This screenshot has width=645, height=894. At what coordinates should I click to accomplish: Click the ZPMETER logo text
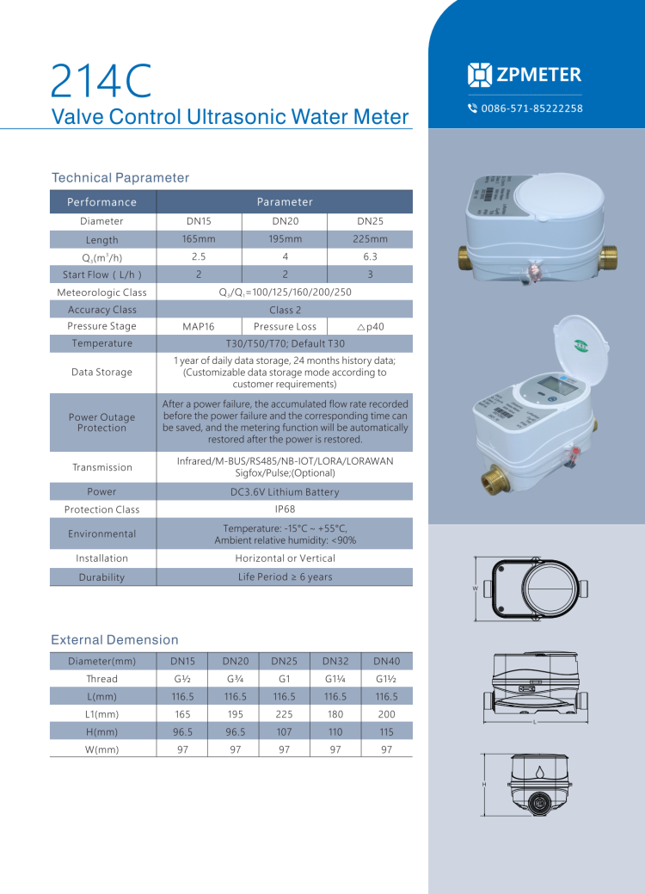tap(538, 75)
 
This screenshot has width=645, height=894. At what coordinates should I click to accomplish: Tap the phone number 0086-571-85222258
tap(531, 108)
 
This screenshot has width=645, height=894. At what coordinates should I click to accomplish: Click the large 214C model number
tap(101, 81)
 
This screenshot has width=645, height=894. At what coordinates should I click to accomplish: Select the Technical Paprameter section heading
tap(120, 178)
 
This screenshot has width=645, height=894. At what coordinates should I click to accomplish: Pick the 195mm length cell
tap(285, 239)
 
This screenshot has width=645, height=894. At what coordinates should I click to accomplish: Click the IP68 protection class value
tap(285, 509)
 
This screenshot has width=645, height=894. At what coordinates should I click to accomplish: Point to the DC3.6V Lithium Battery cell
tap(285, 492)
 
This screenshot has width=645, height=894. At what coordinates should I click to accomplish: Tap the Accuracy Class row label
tap(102, 310)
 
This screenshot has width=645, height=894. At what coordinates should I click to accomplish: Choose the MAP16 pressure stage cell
tap(199, 327)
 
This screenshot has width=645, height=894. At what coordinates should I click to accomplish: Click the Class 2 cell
tap(285, 310)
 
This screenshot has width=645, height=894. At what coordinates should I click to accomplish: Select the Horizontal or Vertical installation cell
tap(285, 558)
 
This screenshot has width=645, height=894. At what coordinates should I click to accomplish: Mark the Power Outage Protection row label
tap(102, 422)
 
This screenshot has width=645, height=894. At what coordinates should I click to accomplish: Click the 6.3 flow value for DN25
tap(370, 256)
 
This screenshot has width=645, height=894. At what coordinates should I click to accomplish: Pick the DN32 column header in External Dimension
tap(335, 662)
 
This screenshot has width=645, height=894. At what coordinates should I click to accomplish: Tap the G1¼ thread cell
tap(335, 679)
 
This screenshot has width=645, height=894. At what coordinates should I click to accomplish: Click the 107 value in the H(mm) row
tap(284, 732)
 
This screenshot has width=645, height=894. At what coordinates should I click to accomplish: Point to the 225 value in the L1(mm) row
tap(284, 714)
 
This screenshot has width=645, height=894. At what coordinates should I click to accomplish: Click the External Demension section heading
tap(115, 640)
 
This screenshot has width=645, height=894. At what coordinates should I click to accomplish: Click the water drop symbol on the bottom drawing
tap(538, 771)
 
